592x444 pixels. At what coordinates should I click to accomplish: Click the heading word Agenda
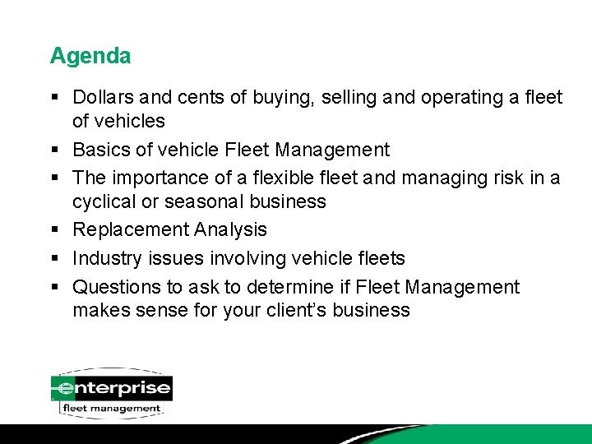coord(90,56)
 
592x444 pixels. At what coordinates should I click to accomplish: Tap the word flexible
coord(299,178)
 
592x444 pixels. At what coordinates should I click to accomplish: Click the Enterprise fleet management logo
coord(111,393)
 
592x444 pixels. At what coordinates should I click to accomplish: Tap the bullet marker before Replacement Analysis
coord(53,230)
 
